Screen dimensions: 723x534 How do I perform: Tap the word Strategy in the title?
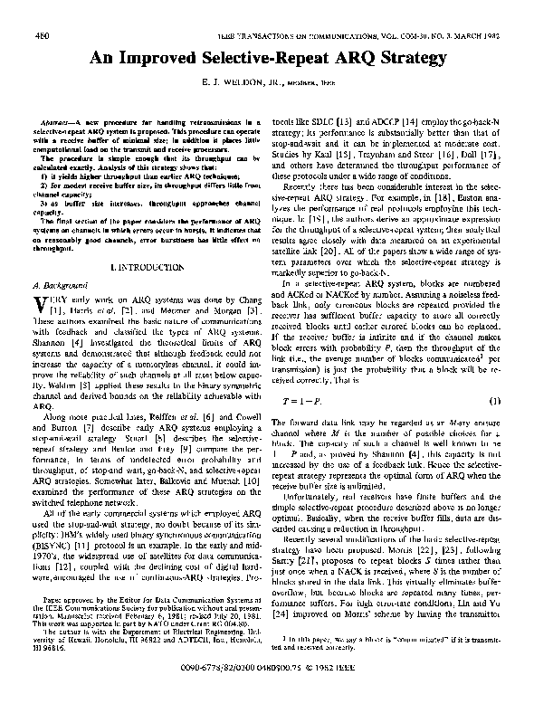pyautogui.click(x=405, y=59)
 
